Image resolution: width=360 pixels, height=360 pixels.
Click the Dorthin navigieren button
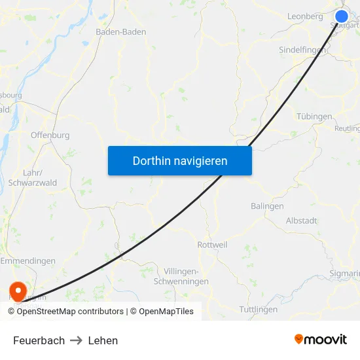(x=180, y=160)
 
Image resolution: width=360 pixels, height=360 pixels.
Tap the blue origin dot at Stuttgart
(x=342, y=17)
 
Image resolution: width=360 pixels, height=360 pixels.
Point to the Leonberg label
(x=306, y=15)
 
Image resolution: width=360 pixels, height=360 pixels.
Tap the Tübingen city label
(x=314, y=117)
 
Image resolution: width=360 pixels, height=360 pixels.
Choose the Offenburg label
(x=50, y=135)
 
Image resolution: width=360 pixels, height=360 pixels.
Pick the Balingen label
(x=267, y=206)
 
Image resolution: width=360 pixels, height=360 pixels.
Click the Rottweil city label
(x=212, y=245)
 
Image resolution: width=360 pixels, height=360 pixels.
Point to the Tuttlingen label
(x=259, y=309)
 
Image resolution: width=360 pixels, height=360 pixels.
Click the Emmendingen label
(x=27, y=261)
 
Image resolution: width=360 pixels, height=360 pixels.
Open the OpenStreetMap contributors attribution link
(x=69, y=312)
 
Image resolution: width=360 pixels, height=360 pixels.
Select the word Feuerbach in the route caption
(x=39, y=340)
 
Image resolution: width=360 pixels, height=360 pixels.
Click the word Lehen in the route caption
(x=103, y=340)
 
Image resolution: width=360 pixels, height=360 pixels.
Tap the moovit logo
(x=321, y=340)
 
